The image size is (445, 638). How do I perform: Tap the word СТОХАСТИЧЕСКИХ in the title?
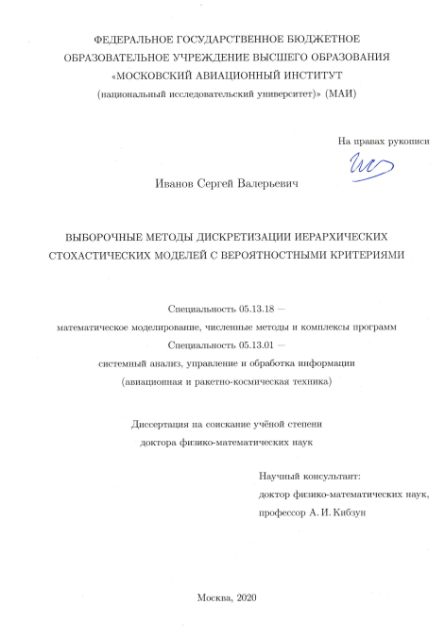click(107, 255)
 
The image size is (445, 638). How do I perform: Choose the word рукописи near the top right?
click(407, 141)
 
